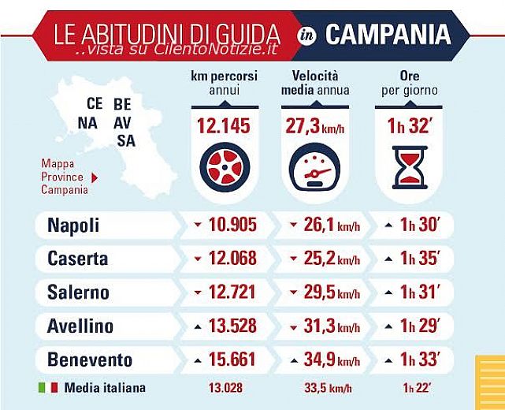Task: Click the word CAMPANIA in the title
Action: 388,34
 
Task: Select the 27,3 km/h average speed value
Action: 314,127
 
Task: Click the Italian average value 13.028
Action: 225,388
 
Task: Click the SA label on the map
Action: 125,140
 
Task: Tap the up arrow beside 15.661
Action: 197,360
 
